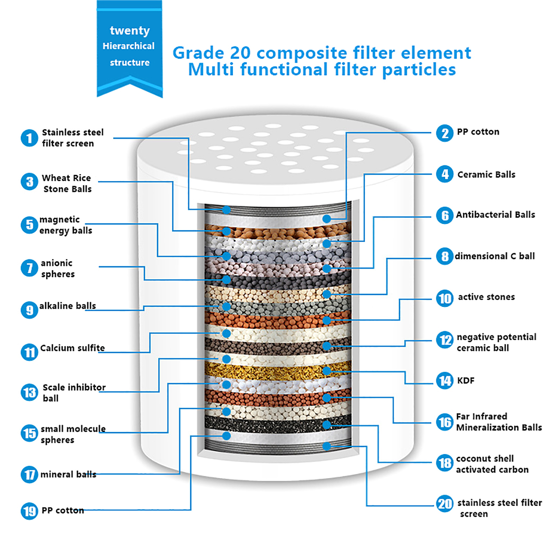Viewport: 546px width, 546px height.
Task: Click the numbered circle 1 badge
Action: (x=29, y=138)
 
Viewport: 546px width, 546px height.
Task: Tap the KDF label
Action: (x=465, y=380)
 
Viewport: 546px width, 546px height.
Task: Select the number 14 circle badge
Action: (x=445, y=380)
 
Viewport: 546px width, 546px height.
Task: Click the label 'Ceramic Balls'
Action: (x=486, y=175)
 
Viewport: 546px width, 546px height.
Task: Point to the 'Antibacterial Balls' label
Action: (x=495, y=215)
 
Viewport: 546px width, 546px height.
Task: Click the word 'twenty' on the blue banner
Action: (x=130, y=31)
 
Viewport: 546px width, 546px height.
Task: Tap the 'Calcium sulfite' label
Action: (x=72, y=348)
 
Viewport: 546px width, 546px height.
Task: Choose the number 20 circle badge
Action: (x=445, y=504)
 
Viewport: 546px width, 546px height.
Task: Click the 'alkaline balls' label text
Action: (x=68, y=306)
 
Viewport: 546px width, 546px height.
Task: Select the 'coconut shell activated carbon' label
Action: (x=492, y=464)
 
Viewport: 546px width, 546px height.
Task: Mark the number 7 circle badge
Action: (x=29, y=268)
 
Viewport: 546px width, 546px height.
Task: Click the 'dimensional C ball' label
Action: (x=494, y=256)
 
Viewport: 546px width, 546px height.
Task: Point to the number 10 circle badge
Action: (x=445, y=299)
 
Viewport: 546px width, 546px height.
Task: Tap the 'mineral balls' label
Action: (x=68, y=474)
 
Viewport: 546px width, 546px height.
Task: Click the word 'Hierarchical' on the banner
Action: (x=129, y=46)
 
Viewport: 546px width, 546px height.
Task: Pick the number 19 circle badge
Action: (x=29, y=511)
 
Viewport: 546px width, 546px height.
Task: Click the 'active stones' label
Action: (x=486, y=297)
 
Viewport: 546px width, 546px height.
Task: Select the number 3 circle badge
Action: (x=29, y=182)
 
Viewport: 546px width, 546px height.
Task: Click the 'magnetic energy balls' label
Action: (x=66, y=225)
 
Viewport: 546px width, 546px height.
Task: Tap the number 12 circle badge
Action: (x=445, y=340)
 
